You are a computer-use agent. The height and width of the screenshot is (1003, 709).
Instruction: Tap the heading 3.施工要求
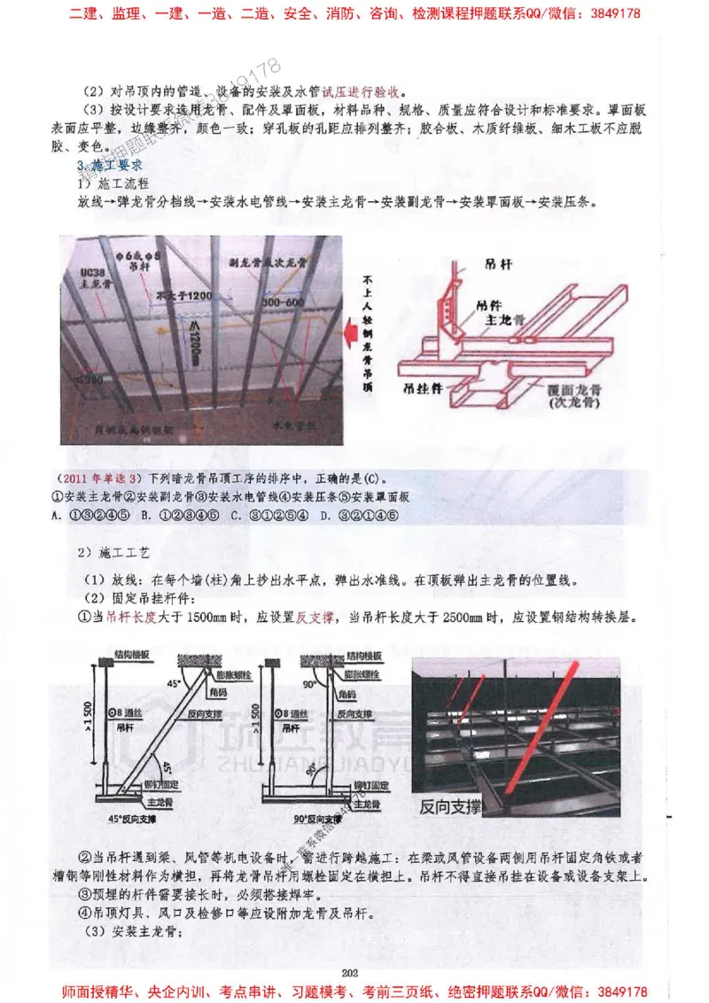[x=110, y=166]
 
